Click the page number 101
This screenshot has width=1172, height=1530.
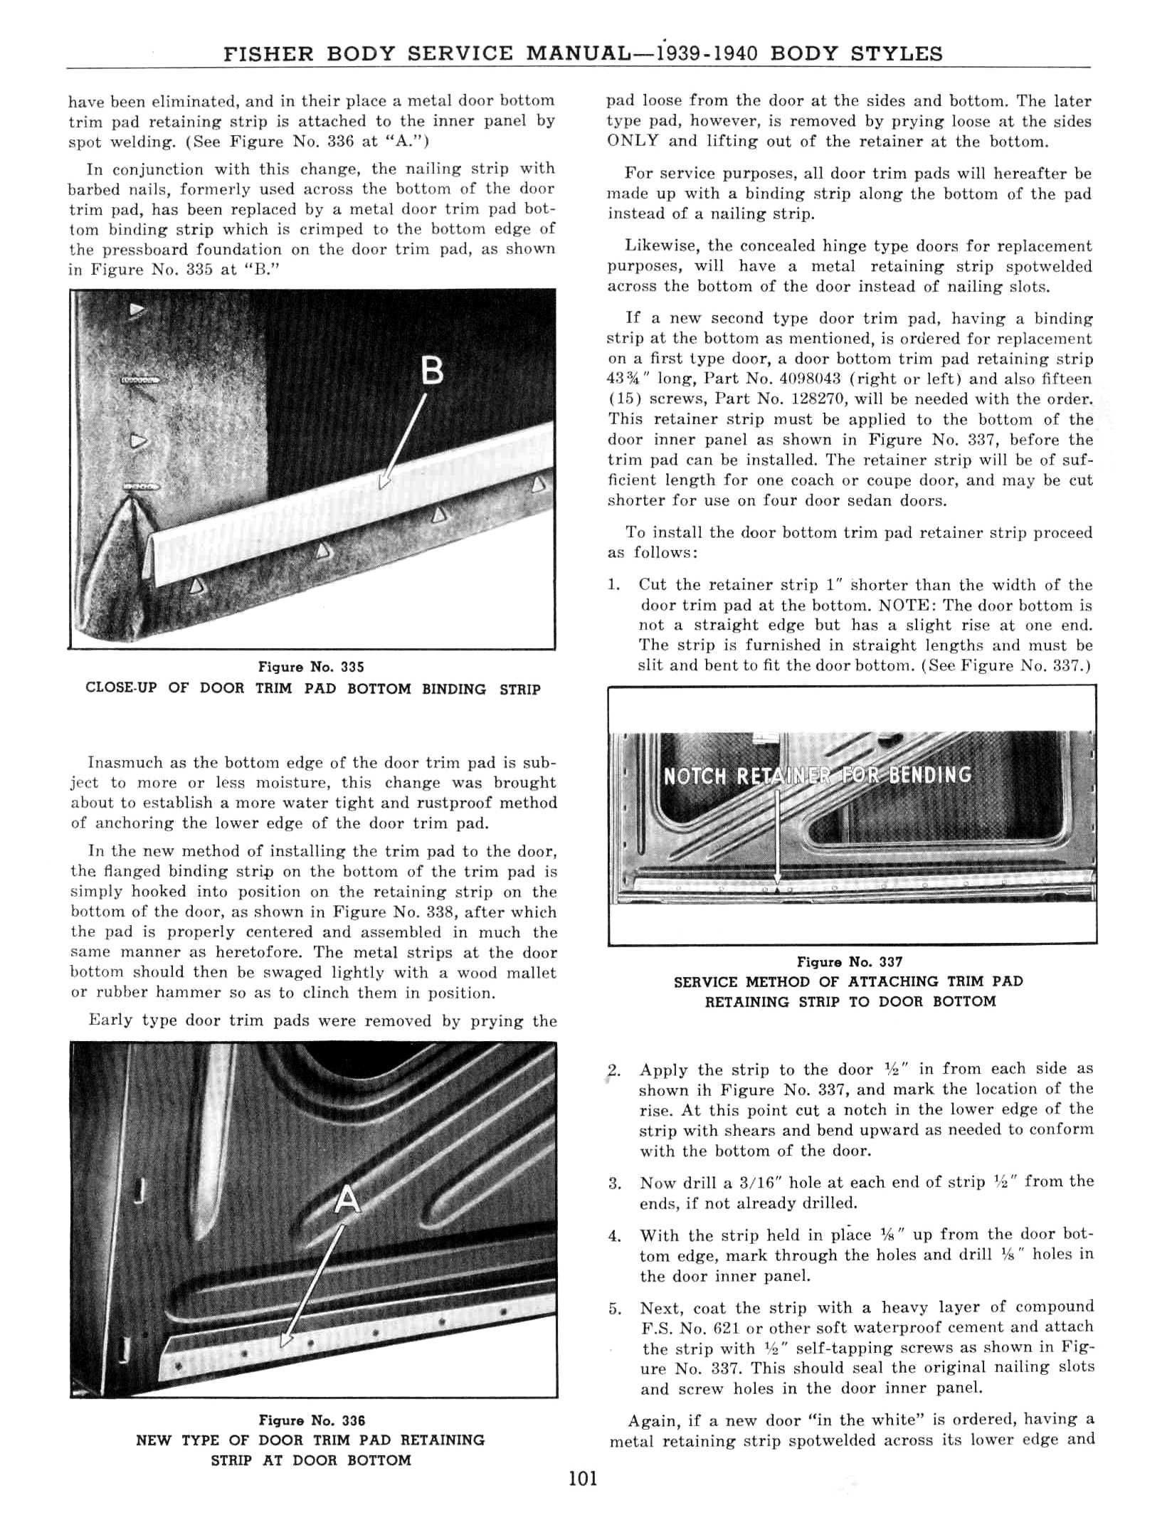point(584,1479)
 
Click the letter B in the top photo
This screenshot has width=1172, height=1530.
point(432,371)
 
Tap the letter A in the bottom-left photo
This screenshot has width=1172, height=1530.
point(348,1201)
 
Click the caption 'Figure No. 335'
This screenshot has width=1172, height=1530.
point(311,667)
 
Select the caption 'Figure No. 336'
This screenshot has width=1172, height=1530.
point(312,1420)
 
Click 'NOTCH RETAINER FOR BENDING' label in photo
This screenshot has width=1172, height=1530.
point(817,775)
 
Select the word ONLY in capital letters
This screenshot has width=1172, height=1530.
point(633,141)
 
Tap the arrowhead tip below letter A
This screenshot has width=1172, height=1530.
point(286,1342)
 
